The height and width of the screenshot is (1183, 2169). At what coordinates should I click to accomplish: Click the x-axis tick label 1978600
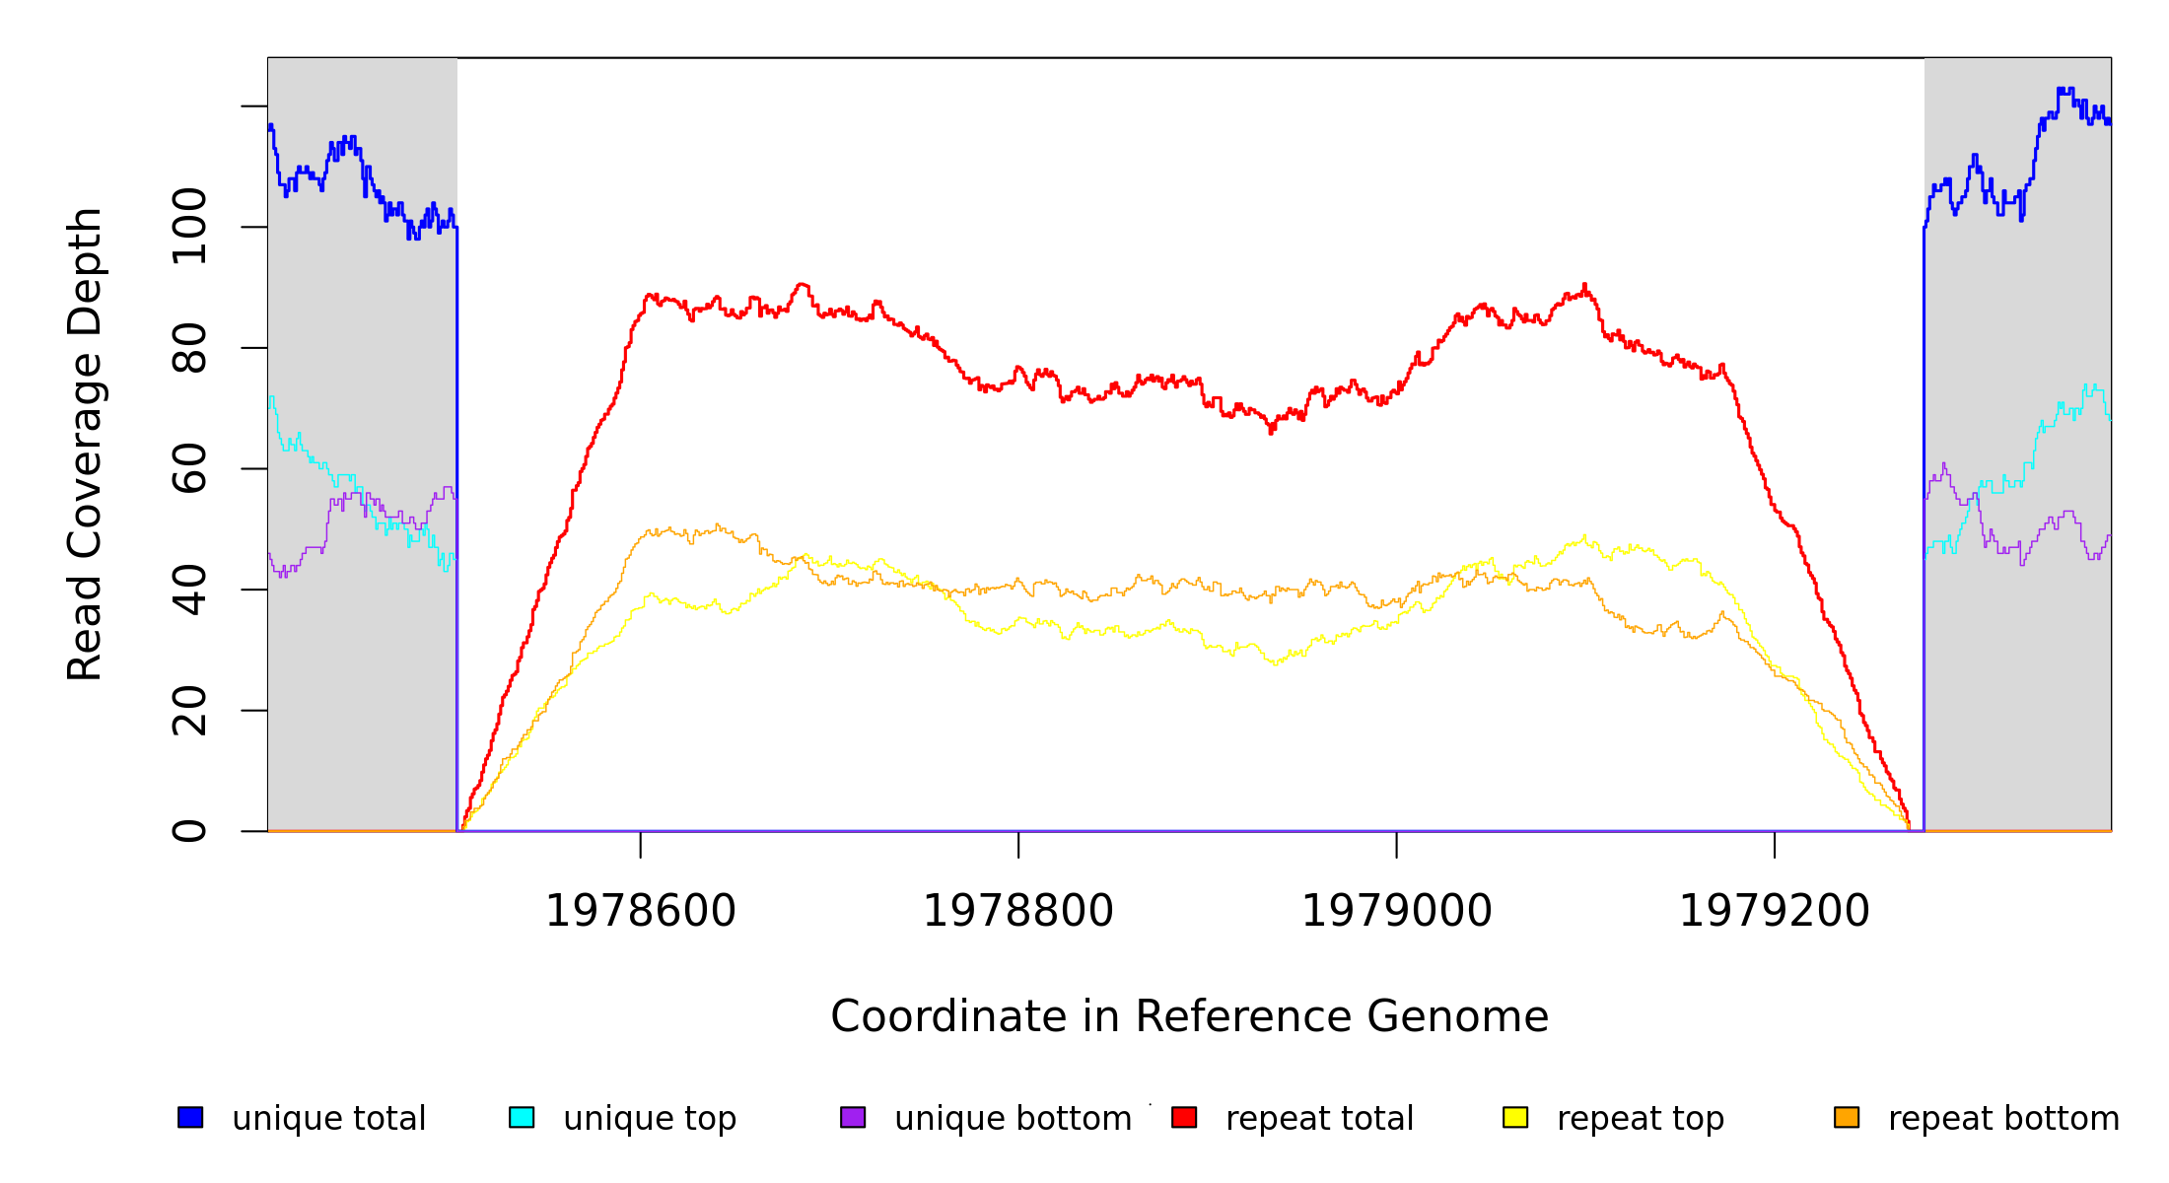[x=640, y=911]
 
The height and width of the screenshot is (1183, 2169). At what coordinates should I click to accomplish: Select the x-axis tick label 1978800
[x=1017, y=911]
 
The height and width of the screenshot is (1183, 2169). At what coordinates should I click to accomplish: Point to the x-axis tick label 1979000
[x=1396, y=911]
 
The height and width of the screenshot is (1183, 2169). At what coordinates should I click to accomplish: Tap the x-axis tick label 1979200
[x=1774, y=911]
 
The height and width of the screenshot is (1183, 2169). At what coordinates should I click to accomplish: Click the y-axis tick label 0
[x=189, y=831]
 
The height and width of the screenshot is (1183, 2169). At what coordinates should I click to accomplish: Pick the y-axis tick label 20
[x=189, y=711]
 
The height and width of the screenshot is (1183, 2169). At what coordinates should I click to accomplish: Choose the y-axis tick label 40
[x=189, y=590]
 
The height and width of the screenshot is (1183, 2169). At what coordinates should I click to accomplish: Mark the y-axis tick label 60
[x=189, y=468]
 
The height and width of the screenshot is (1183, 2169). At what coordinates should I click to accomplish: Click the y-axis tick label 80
[x=189, y=348]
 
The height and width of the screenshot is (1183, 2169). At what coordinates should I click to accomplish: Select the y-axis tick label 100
[x=189, y=227]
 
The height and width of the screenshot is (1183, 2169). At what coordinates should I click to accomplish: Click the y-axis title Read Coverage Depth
[x=85, y=444]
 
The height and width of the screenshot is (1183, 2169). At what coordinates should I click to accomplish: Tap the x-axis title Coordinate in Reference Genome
[x=1189, y=1016]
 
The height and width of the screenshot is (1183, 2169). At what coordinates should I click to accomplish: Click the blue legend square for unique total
[x=190, y=1117]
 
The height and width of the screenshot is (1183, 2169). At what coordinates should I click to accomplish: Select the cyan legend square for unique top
[x=522, y=1117]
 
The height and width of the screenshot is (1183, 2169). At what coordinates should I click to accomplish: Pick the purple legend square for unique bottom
[x=853, y=1117]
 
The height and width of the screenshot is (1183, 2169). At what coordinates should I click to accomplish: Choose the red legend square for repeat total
[x=1184, y=1117]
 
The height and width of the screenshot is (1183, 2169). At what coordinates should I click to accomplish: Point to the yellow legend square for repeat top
[x=1515, y=1117]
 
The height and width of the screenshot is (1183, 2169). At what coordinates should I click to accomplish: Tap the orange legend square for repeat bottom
[x=1847, y=1117]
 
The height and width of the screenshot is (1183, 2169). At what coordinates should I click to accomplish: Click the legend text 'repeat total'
[x=1319, y=1119]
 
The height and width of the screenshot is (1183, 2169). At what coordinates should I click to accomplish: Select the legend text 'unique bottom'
[x=1013, y=1119]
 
